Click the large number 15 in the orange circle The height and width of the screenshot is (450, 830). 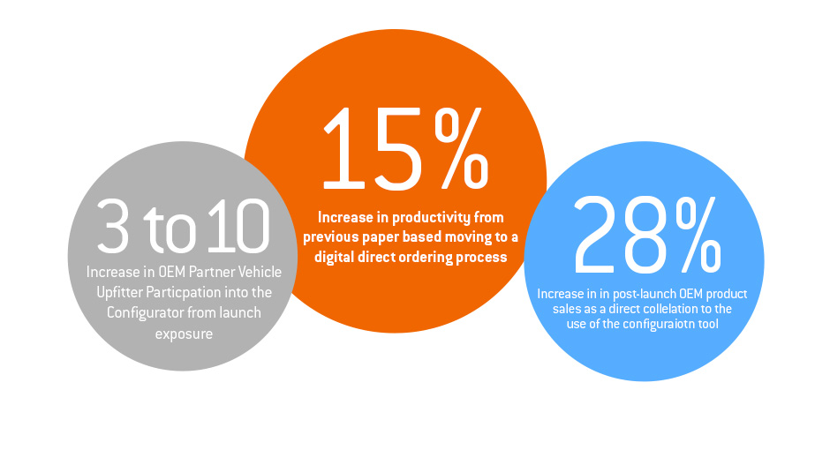tap(373, 149)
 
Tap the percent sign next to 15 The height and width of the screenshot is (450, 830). tap(461, 148)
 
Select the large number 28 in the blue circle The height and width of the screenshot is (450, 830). tap(622, 236)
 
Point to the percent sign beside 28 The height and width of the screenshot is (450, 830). tap(698, 234)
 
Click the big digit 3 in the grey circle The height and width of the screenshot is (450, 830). tap(113, 225)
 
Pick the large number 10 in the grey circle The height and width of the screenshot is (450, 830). tap(238, 225)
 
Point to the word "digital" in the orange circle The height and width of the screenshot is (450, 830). tap(334, 257)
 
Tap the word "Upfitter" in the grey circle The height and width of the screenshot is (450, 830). tap(119, 292)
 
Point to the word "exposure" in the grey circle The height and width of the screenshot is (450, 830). tap(184, 334)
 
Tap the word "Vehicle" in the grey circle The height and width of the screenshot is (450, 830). tap(260, 272)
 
